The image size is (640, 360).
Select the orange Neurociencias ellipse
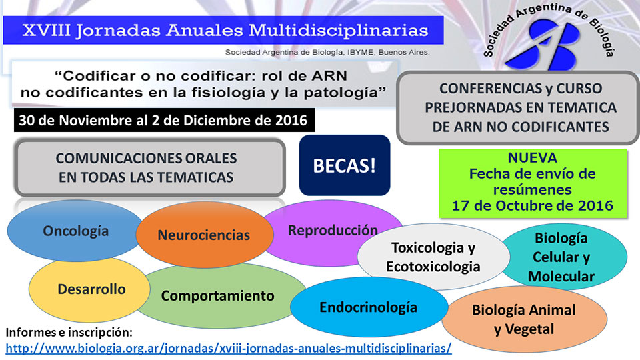[x=205, y=235]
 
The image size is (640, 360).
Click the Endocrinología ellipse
[x=369, y=307]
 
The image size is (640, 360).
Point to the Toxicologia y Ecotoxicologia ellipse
[x=433, y=257]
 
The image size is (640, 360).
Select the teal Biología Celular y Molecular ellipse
[x=565, y=257]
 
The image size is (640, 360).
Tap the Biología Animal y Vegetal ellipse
[x=524, y=319]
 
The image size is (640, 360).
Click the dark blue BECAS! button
[x=345, y=165]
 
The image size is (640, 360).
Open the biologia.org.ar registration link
[x=229, y=348]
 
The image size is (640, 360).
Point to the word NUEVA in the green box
[x=532, y=157]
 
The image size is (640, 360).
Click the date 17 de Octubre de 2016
[x=532, y=205]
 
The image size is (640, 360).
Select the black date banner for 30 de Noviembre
[x=165, y=120]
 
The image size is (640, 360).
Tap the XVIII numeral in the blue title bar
[x=46, y=30]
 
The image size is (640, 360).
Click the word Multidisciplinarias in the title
[x=339, y=31]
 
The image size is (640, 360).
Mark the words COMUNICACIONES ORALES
[x=146, y=159]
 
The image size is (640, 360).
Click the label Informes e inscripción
[x=69, y=332]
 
